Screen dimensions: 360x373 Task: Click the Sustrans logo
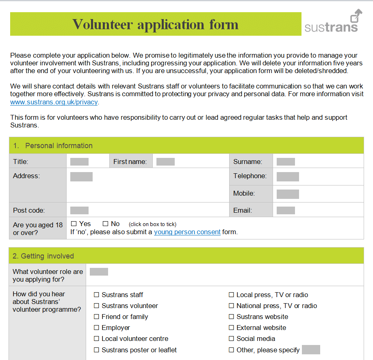pyautogui.click(x=332, y=22)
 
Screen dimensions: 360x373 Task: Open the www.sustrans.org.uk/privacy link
pyautogui.click(x=54, y=102)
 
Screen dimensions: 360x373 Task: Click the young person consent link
pyautogui.click(x=187, y=232)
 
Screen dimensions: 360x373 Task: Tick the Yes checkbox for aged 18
pyautogui.click(x=74, y=224)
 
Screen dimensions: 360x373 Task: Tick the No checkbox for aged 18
pyautogui.click(x=105, y=224)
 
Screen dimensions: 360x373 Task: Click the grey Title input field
pyautogui.click(x=79, y=162)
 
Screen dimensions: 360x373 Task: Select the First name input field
pyautogui.click(x=165, y=162)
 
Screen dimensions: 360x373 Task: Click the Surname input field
pyautogui.click(x=286, y=162)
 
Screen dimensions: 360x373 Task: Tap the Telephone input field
pyautogui.click(x=288, y=177)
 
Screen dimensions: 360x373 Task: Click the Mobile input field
pyautogui.click(x=288, y=194)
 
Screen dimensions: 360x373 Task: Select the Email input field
pyautogui.click(x=286, y=210)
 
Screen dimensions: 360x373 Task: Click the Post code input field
pyautogui.click(x=79, y=210)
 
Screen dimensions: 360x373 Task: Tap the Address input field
pyautogui.click(x=81, y=177)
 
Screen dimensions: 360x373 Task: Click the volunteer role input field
pyautogui.click(x=99, y=272)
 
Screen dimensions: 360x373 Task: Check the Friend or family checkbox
pyautogui.click(x=97, y=317)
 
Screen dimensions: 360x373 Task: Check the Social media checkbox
pyautogui.click(x=232, y=339)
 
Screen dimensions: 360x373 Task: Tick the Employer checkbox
pyautogui.click(x=97, y=328)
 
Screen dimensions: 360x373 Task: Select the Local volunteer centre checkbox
pyautogui.click(x=97, y=339)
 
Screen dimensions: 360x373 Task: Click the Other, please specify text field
pyautogui.click(x=311, y=350)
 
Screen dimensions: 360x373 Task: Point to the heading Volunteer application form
pyautogui.click(x=155, y=24)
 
